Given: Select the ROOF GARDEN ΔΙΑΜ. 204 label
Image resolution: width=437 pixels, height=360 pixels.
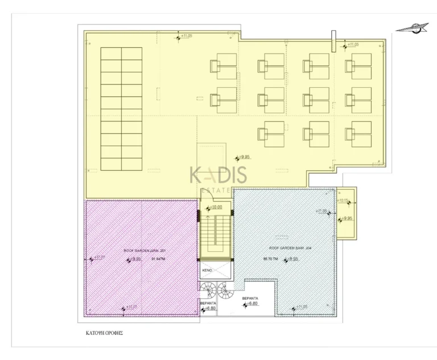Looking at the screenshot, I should point(285,248).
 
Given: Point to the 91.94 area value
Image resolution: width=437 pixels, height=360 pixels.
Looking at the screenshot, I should point(159,259).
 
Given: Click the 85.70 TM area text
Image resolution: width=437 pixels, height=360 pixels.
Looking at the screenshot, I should point(270,259).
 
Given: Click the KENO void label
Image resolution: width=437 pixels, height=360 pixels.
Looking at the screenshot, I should point(208,269).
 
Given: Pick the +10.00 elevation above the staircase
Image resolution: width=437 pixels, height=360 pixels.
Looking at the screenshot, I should point(215,208).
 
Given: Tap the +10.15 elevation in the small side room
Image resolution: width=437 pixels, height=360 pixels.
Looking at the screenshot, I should point(344,201).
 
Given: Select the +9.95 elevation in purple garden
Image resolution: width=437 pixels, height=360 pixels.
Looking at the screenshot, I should point(134,259).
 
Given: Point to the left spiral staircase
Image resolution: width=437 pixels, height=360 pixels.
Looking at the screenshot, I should point(208,291).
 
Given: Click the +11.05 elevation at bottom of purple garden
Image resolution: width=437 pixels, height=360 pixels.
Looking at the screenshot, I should point(130,308).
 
